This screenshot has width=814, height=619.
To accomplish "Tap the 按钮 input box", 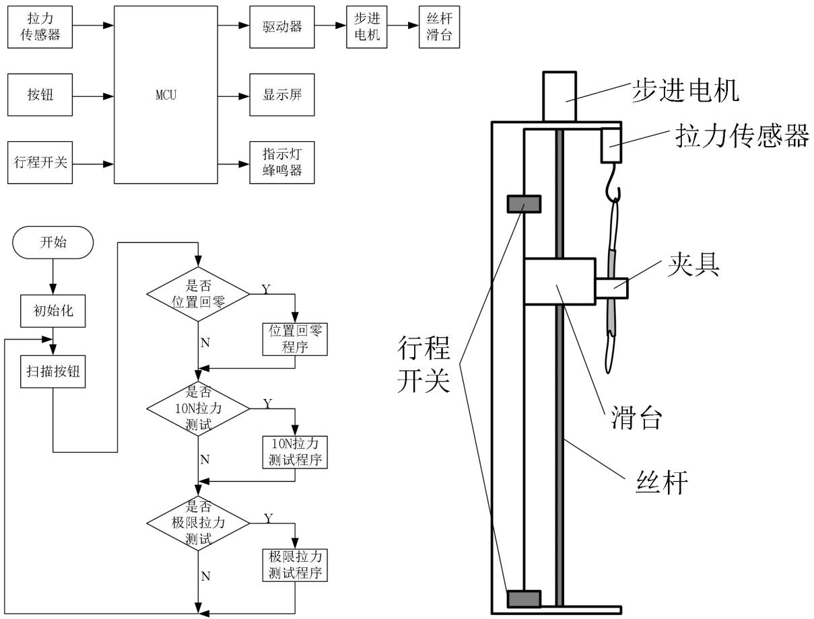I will click(x=40, y=95).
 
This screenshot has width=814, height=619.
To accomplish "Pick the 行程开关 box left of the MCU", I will click(x=40, y=162).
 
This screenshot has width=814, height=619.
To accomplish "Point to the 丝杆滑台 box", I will click(x=439, y=27).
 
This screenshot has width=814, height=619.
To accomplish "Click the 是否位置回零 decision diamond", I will click(x=197, y=293).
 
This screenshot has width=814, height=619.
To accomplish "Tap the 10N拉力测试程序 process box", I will click(x=295, y=451).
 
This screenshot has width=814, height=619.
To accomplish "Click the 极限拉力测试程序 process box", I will click(x=295, y=565).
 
